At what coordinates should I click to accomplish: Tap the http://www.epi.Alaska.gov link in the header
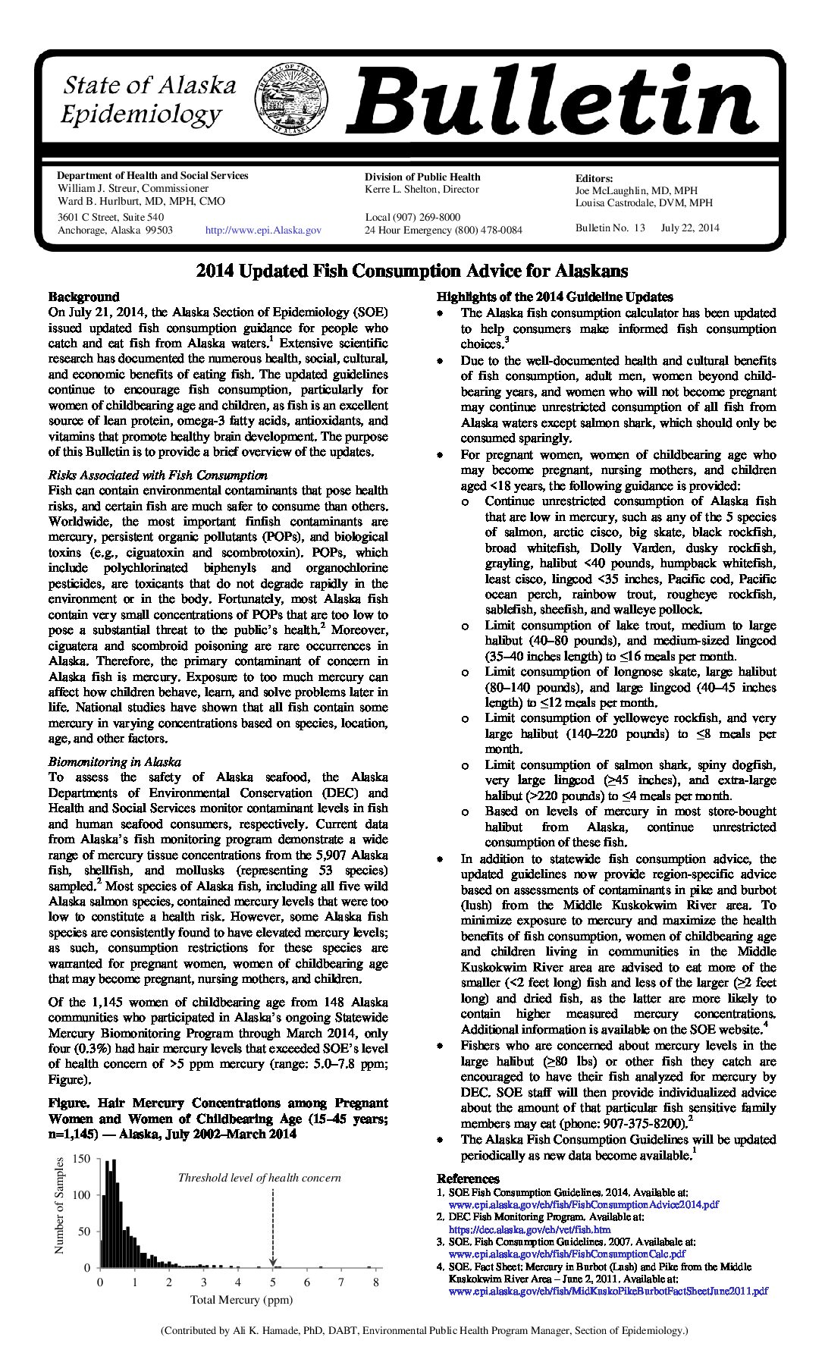(264, 230)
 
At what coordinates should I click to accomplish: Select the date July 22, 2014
(690, 228)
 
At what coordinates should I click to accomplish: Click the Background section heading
(84, 297)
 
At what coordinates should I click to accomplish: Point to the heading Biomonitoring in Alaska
(114, 761)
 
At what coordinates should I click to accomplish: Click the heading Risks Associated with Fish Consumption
(158, 475)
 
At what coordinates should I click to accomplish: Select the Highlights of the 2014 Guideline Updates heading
(554, 297)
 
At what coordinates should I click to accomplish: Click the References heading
(468, 1179)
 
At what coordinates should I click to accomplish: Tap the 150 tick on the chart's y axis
(82, 1159)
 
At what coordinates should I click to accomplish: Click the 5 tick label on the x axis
(272, 1282)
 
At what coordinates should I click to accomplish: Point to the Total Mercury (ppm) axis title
(241, 1300)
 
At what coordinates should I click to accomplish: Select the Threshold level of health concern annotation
(259, 1178)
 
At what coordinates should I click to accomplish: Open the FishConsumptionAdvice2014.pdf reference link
(584, 1204)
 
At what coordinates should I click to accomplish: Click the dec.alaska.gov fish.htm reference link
(529, 1229)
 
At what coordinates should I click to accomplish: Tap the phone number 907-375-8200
(648, 1123)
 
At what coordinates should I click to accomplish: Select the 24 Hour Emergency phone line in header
(443, 230)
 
